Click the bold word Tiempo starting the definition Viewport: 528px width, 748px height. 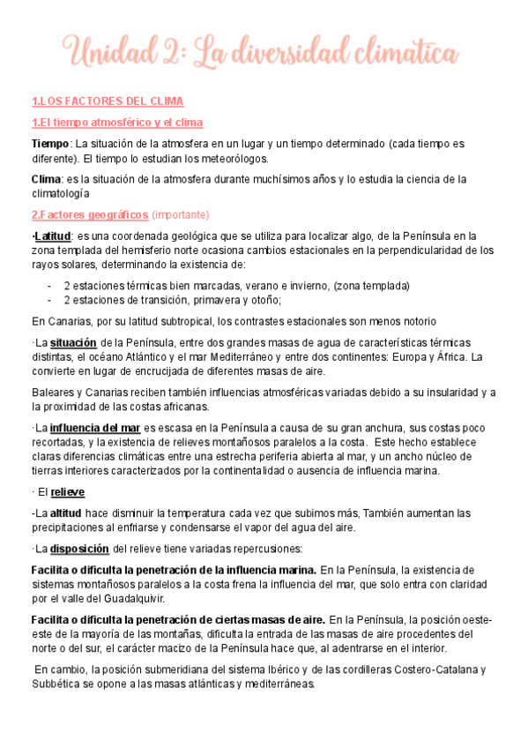(49, 143)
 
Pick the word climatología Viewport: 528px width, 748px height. (65, 194)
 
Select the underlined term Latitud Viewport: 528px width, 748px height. (52, 236)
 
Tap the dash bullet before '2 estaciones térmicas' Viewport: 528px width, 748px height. (49, 286)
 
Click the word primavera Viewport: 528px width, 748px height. (201, 300)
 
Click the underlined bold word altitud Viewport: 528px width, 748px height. (66, 512)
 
